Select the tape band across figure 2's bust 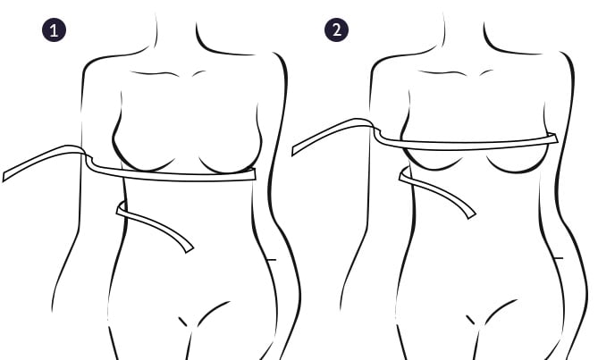465,142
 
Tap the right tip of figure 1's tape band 254,174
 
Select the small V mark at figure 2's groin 471,320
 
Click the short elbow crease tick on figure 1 271,259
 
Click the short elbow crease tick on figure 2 558,259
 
